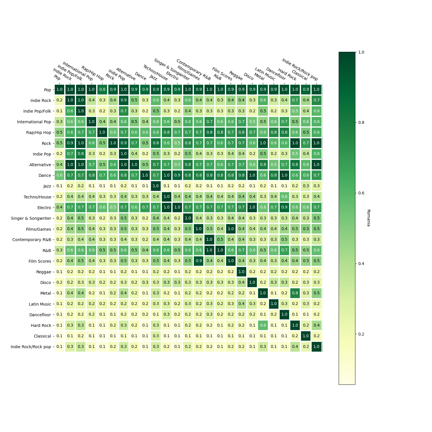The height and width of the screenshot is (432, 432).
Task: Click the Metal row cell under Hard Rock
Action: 295,293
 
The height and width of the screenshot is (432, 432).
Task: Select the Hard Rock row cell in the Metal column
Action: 263,325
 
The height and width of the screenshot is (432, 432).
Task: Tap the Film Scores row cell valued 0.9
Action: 199,261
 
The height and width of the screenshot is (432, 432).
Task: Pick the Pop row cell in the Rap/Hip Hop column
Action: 102,90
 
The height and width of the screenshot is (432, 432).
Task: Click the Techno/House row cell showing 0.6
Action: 284,197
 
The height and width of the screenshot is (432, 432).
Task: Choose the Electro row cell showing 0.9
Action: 284,207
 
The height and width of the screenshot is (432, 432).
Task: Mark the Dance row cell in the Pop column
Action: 59,175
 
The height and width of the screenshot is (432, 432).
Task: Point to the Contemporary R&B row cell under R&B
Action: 220,240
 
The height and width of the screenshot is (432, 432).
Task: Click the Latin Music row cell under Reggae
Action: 241,304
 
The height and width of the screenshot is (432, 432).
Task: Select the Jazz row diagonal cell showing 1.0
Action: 156,186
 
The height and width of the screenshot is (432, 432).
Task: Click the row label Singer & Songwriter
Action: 31,218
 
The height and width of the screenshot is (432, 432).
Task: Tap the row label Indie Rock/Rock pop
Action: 31,347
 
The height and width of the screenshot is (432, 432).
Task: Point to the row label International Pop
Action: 34,122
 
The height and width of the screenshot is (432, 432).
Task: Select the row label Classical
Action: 42,336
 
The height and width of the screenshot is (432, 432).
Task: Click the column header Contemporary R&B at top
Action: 194,70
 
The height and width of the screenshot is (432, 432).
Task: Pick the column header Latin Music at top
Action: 265,74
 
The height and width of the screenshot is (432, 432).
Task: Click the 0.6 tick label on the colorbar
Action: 361,193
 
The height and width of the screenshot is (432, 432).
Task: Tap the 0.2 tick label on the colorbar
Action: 361,334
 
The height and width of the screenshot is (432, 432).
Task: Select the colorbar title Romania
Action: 368,218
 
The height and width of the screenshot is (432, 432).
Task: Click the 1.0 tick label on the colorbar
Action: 361,52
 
